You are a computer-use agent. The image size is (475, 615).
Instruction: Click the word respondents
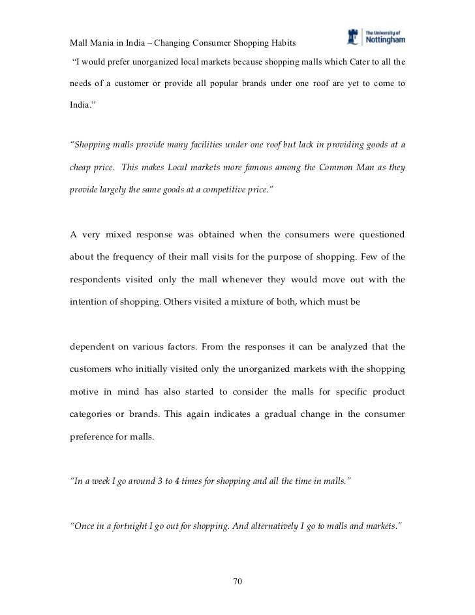click(97, 279)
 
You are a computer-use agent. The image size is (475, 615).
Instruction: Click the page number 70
click(237, 582)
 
